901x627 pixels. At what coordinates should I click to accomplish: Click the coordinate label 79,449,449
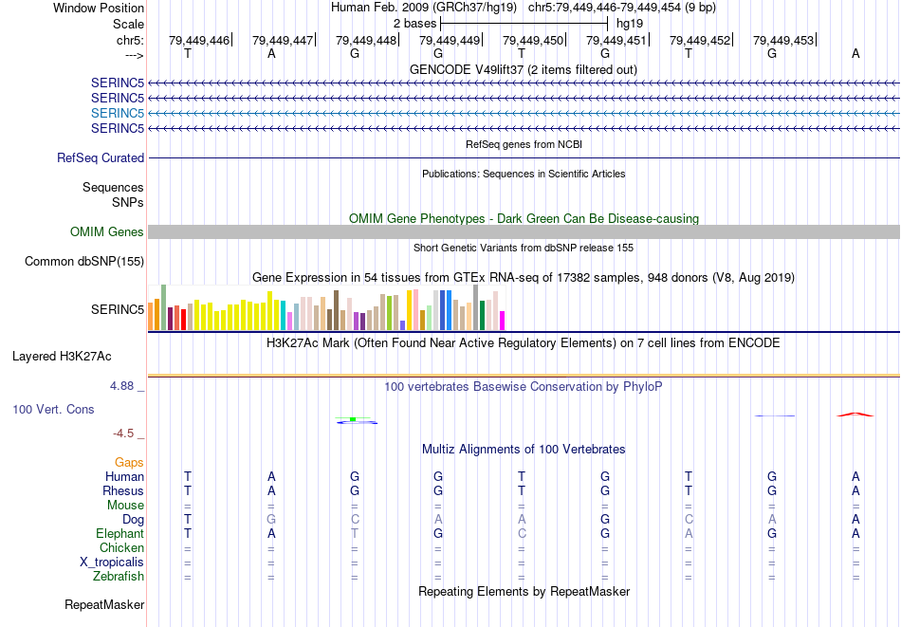450,41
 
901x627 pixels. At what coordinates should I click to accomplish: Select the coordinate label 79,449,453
783,41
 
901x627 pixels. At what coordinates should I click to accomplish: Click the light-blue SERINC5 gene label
118,113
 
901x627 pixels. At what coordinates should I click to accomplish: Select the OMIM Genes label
107,232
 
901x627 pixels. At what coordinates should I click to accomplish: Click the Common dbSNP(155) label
84,262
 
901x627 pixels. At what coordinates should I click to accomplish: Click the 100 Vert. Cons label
53,410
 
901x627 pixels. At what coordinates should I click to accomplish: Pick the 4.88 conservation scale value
122,386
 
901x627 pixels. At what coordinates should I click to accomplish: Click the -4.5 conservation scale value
123,433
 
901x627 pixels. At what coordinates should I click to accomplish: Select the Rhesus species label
123,491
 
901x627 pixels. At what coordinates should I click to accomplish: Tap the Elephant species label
120,534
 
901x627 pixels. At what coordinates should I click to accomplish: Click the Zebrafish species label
119,577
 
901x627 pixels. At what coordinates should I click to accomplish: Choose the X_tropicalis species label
112,562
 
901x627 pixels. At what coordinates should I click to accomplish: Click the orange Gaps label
130,462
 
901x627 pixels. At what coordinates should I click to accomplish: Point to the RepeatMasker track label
104,604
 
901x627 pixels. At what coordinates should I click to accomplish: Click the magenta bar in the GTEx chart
502,321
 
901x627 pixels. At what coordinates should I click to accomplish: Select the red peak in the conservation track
855,414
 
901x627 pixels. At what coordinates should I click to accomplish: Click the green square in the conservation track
353,418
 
